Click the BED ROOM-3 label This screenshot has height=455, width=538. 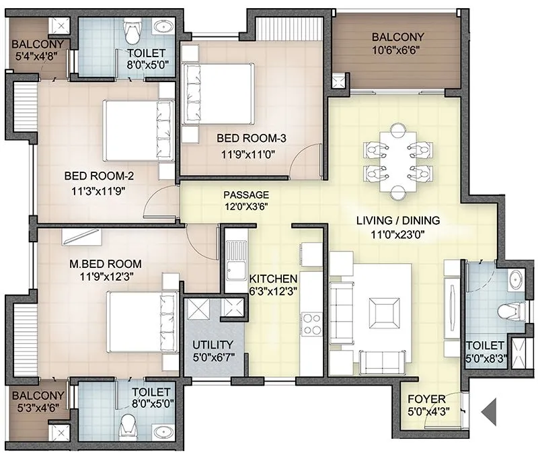(x=252, y=139)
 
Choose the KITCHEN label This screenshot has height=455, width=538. (x=273, y=279)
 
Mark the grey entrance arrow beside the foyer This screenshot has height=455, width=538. (x=489, y=409)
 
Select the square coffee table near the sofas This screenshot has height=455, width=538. (x=381, y=313)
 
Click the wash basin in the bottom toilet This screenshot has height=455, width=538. (x=160, y=430)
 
